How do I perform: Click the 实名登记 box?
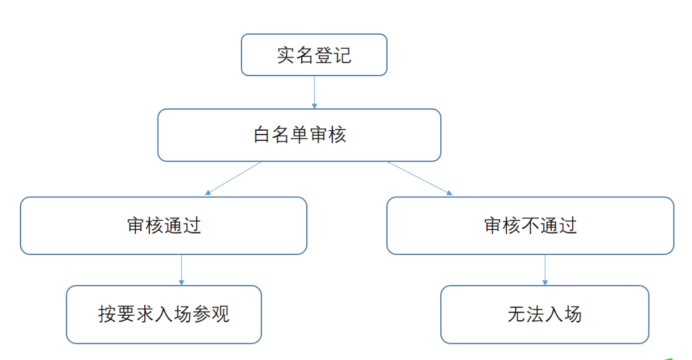click(314, 54)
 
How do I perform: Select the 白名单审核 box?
click(299, 135)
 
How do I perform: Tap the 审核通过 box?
click(163, 225)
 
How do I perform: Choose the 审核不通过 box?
click(530, 225)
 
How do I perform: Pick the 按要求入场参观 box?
click(164, 314)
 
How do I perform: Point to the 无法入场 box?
click(545, 314)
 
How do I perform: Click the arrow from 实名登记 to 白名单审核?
click(314, 92)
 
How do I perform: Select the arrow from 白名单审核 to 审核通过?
click(233, 178)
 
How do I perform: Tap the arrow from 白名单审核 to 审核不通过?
click(420, 178)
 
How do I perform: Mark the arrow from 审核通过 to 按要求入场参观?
click(181, 270)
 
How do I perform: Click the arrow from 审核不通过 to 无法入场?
click(545, 270)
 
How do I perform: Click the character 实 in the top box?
click(286, 55)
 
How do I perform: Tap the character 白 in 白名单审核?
click(261, 135)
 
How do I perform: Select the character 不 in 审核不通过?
click(530, 225)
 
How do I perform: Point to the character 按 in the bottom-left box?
click(107, 314)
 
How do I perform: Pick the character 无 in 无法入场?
click(517, 314)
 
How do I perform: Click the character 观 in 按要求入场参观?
click(220, 314)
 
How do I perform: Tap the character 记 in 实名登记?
click(342, 55)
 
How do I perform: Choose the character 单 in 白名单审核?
click(300, 135)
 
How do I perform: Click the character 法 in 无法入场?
click(535, 314)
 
